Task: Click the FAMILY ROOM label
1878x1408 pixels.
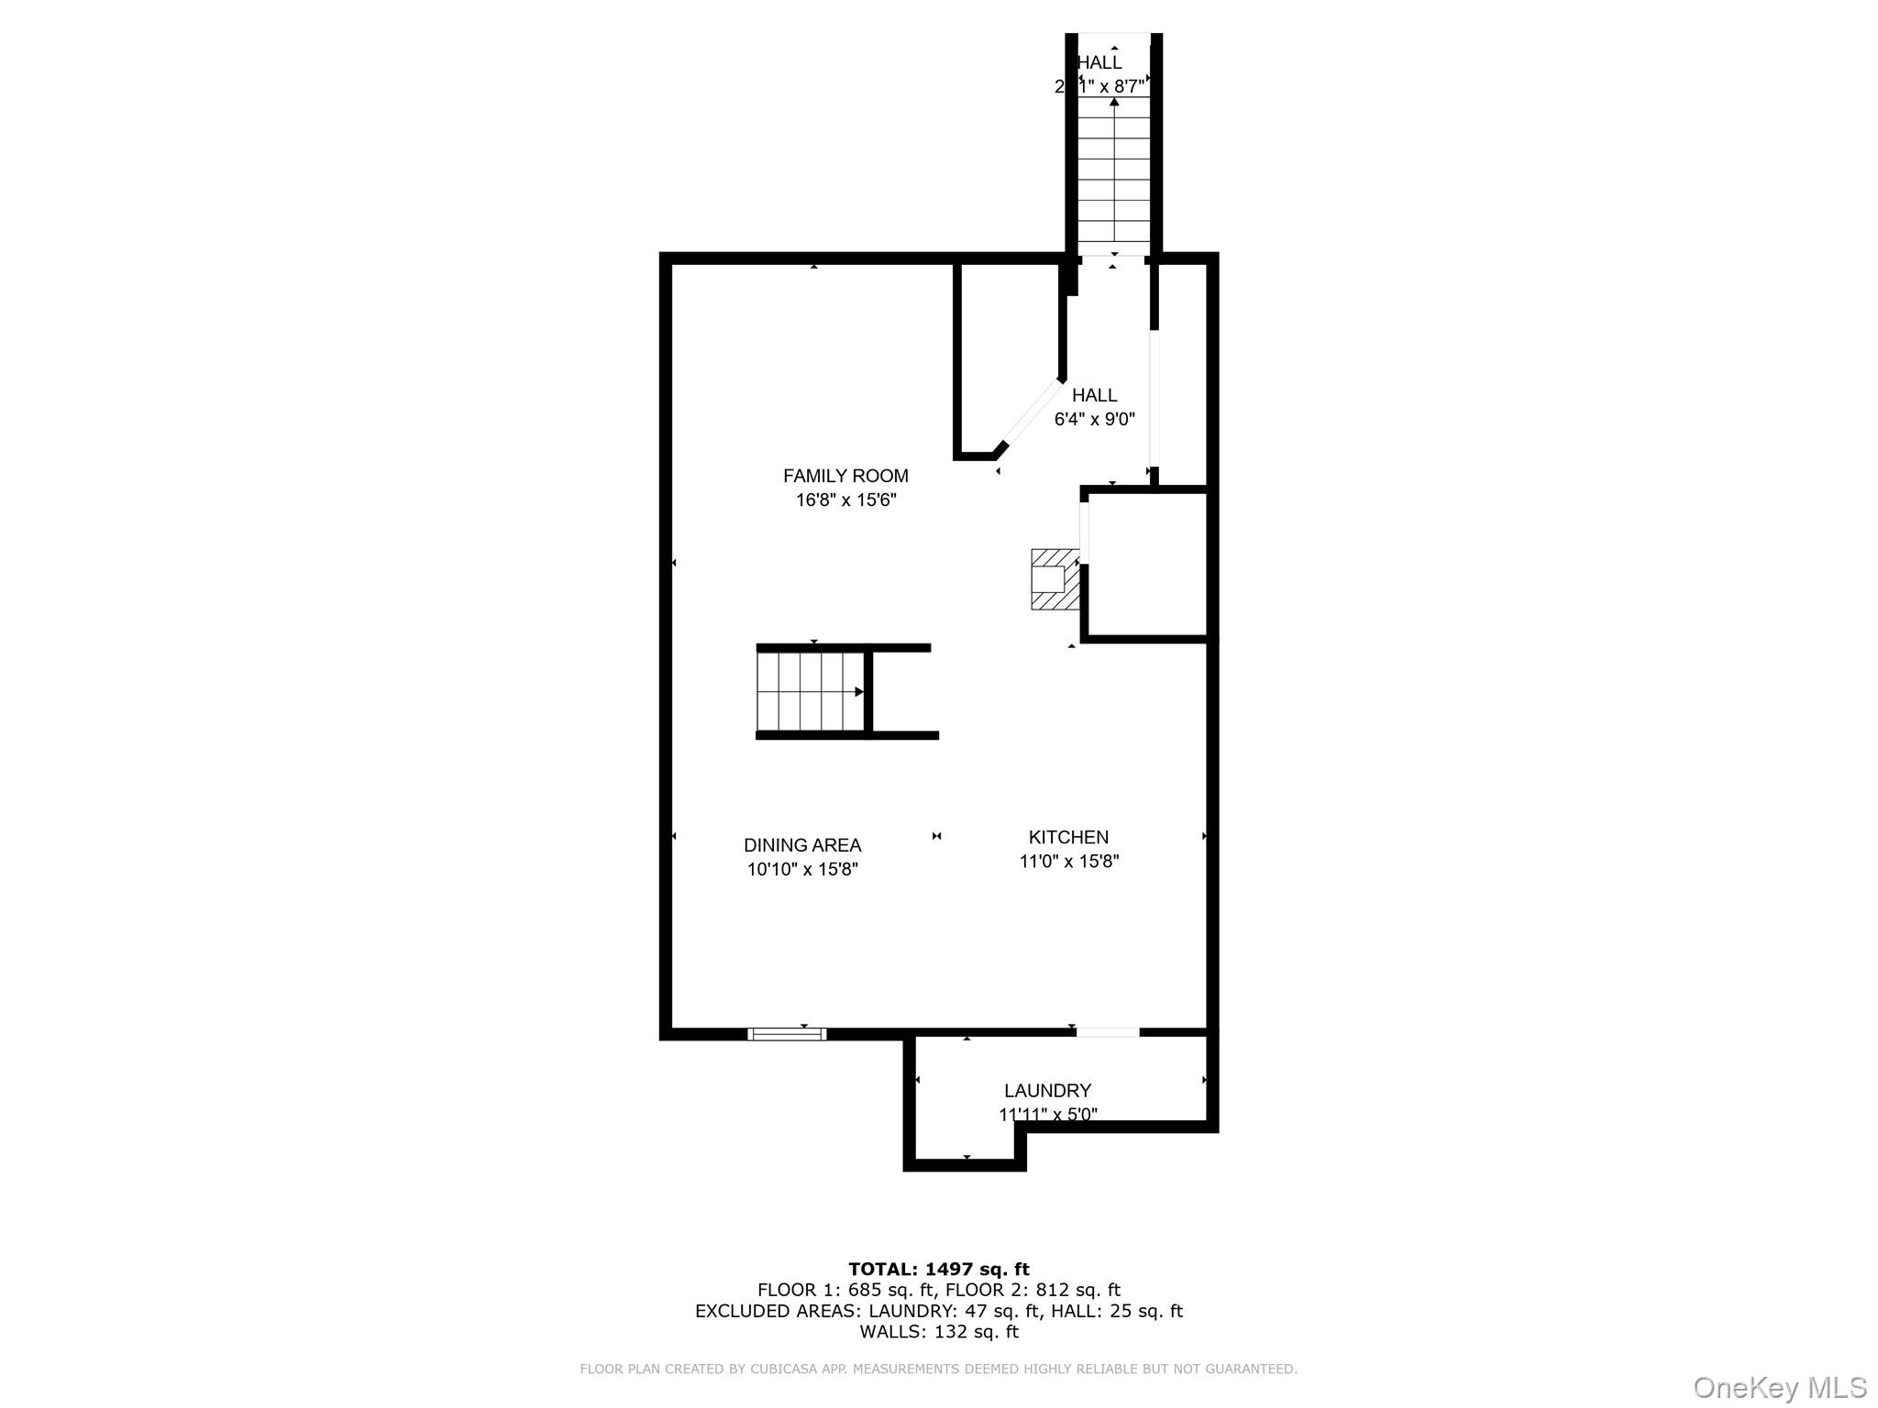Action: click(x=845, y=476)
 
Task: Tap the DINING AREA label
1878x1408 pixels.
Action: click(x=802, y=845)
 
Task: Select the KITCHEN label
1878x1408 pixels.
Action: click(x=1068, y=837)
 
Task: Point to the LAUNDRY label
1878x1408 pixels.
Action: click(x=1047, y=1091)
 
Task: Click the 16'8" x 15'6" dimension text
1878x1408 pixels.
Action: click(x=845, y=500)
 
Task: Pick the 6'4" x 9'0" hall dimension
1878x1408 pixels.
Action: click(x=1094, y=420)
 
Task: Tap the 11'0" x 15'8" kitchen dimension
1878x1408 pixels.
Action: click(x=1069, y=862)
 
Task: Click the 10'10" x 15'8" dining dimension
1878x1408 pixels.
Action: click(x=802, y=870)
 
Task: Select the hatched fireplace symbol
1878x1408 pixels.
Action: click(x=1055, y=579)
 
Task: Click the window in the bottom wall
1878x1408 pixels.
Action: click(x=787, y=1034)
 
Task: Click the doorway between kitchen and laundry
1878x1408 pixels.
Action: click(x=1107, y=1033)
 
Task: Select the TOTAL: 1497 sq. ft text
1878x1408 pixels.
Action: click(x=939, y=1270)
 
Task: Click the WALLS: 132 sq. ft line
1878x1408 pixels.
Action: click(x=939, y=1332)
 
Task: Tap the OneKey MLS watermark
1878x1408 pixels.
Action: click(x=1780, y=1388)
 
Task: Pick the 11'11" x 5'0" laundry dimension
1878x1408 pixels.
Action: click(x=1047, y=1115)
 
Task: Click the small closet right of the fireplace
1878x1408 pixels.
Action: click(x=1146, y=565)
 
